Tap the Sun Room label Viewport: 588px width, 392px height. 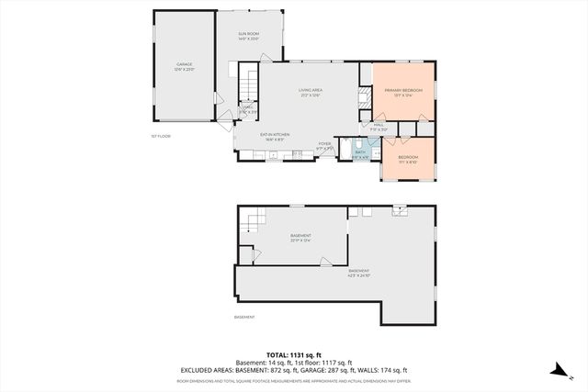[x=237, y=38]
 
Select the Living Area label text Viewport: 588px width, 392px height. [x=310, y=92]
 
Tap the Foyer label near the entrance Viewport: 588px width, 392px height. [x=324, y=145]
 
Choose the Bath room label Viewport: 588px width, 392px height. [x=360, y=153]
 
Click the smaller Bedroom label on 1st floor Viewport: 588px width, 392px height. [x=408, y=159]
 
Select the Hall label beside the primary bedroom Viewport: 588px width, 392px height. [x=378, y=127]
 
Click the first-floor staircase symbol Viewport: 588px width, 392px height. [x=250, y=83]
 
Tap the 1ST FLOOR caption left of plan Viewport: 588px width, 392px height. [x=161, y=136]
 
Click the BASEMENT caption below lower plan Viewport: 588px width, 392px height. [x=244, y=318]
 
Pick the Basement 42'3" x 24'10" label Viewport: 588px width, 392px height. [x=358, y=273]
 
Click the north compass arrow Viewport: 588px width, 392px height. [x=557, y=369]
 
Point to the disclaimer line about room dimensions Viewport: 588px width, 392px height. [x=294, y=380]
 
